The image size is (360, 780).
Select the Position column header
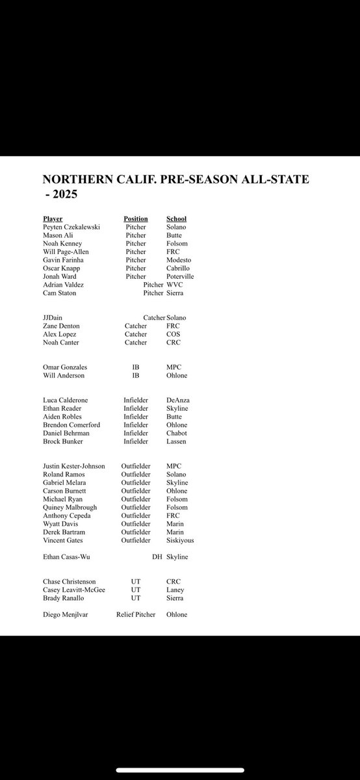pyautogui.click(x=136, y=218)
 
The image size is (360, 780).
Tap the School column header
pyautogui.click(x=176, y=218)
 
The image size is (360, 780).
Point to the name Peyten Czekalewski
pyautogui.click(x=72, y=226)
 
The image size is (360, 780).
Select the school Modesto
pyautogui.click(x=180, y=260)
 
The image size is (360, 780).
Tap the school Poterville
pyautogui.click(x=181, y=276)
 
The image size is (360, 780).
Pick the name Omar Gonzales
pyautogui.click(x=64, y=367)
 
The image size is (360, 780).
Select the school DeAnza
pyautogui.click(x=179, y=400)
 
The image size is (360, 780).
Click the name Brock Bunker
pyautogui.click(x=61, y=441)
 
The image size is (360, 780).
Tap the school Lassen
pyautogui.click(x=176, y=441)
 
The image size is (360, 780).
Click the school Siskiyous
pyautogui.click(x=180, y=540)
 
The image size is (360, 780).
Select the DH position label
pyautogui.click(x=157, y=557)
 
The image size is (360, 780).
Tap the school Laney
pyautogui.click(x=175, y=590)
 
